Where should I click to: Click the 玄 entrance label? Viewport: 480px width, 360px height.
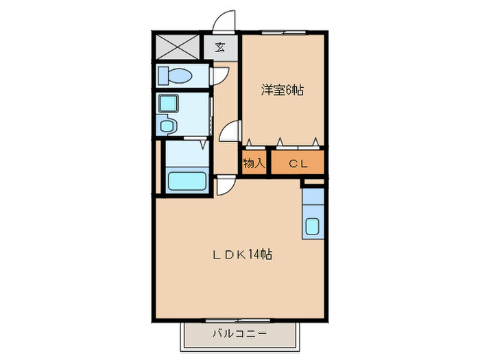point(220,48)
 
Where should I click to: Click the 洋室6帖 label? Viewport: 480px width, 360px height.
point(282,89)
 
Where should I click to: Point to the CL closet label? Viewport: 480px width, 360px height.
point(297,163)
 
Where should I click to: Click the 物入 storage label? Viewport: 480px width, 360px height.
point(254,163)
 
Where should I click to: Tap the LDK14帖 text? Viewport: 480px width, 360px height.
point(241,254)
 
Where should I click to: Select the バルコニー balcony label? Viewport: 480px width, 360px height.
point(239,335)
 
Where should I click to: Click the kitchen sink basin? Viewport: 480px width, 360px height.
point(313,226)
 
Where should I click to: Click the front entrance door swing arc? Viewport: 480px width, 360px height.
point(224,23)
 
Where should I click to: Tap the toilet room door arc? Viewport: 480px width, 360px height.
point(221,75)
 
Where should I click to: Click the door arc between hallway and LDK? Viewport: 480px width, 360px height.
point(225,185)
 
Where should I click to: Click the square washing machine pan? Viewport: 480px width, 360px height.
point(168,104)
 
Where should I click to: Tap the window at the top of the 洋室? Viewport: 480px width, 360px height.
point(282,32)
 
